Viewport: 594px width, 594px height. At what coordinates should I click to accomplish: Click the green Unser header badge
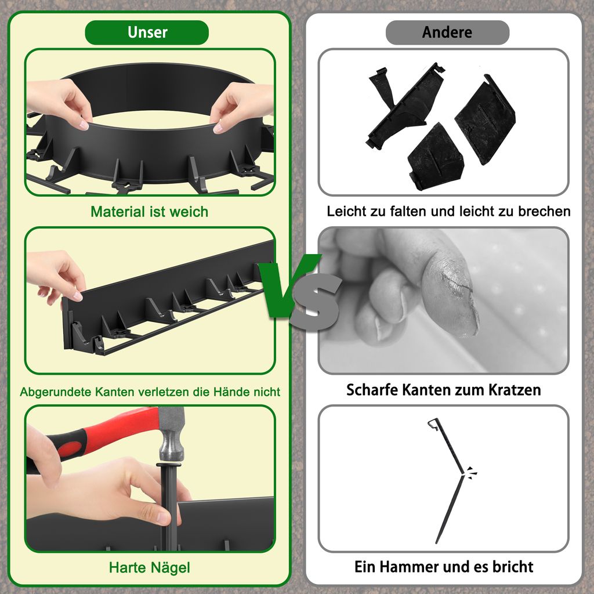click(x=147, y=32)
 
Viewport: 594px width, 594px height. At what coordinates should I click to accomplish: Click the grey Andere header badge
click(x=447, y=32)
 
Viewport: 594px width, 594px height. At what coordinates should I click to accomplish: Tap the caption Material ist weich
click(x=149, y=212)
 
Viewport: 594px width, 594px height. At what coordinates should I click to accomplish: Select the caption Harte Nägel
click(x=149, y=567)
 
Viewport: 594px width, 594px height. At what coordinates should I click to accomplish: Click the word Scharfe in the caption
click(x=372, y=390)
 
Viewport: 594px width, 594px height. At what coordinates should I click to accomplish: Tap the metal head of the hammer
click(x=171, y=435)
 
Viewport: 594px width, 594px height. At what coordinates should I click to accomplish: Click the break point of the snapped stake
click(x=463, y=474)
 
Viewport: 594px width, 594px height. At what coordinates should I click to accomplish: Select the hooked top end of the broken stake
click(x=434, y=423)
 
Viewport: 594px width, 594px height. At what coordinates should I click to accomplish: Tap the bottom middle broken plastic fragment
click(x=435, y=157)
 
